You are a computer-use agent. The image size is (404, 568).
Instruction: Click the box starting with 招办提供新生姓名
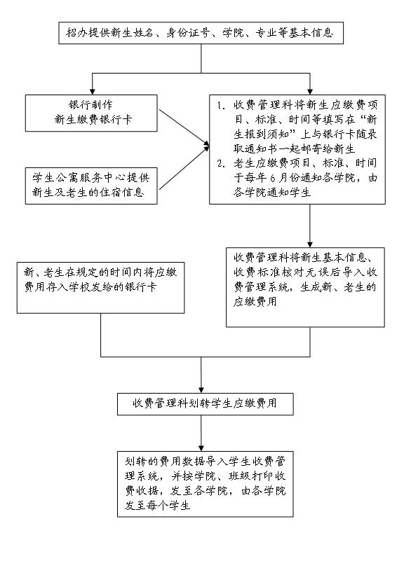201,33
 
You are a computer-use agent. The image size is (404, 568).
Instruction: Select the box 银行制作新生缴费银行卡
91,113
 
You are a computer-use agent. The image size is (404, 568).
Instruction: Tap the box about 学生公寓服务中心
91,186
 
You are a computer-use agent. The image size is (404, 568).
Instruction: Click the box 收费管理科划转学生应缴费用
205,404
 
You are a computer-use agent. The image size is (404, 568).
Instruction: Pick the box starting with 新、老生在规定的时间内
100,288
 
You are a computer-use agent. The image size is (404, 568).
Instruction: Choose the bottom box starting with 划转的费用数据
205,484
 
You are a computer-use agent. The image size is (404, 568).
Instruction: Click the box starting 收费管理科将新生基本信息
305,287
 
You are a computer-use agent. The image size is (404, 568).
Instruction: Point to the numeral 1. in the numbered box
221,106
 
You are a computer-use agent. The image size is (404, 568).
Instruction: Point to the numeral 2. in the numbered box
221,163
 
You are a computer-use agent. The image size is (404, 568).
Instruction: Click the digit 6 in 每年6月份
273,178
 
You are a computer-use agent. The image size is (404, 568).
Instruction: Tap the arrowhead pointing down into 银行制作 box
93,91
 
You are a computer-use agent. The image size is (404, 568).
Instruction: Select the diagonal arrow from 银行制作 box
184,128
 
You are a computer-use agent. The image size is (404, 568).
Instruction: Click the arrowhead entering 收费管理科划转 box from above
201,389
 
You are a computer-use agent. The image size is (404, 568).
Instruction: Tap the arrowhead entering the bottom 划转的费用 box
201,448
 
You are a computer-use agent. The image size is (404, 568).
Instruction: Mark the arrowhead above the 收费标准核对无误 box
310,244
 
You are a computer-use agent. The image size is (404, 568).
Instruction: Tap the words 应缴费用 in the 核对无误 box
255,302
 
